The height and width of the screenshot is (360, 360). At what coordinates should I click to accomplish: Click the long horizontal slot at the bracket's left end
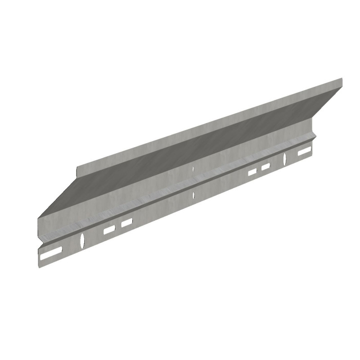click(51, 255)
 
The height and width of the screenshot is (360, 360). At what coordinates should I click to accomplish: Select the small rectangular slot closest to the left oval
click(109, 230)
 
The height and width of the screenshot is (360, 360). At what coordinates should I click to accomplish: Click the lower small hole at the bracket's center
click(193, 195)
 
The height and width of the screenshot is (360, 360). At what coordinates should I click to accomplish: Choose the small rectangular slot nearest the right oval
click(266, 167)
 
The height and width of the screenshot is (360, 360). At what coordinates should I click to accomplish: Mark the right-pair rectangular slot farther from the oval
click(252, 171)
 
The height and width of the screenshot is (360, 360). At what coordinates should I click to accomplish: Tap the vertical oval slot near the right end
click(285, 158)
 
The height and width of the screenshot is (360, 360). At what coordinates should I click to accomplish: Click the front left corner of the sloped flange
click(38, 219)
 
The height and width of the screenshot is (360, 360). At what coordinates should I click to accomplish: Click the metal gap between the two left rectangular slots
click(118, 226)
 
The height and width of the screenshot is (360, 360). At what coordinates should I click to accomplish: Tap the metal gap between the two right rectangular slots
click(259, 170)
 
